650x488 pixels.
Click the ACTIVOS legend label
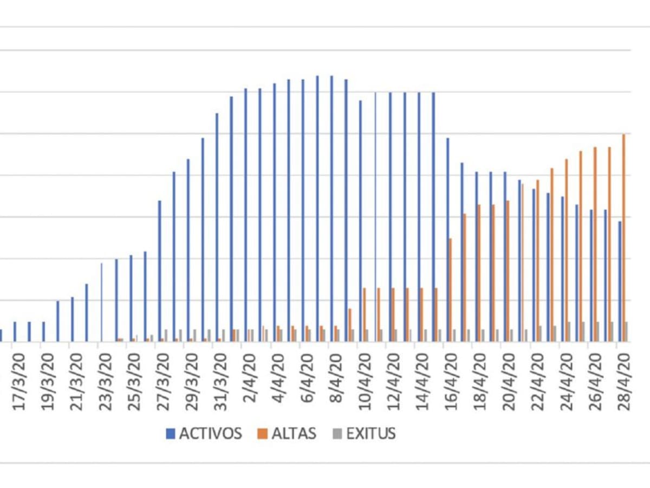point(210,434)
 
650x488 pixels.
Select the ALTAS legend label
point(294,434)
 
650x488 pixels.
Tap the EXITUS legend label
point(371,434)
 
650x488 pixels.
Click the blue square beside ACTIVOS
point(171,434)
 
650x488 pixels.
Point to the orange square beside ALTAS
point(263,434)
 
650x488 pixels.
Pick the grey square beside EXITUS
point(337,434)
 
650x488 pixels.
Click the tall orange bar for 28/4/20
point(624,239)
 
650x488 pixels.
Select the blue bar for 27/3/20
point(159,271)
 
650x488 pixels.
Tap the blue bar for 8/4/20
point(331,209)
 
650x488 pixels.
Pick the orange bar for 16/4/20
point(451,290)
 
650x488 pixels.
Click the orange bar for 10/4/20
point(365,314)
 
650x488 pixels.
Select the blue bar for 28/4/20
point(620,281)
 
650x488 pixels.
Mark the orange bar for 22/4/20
point(538,260)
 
